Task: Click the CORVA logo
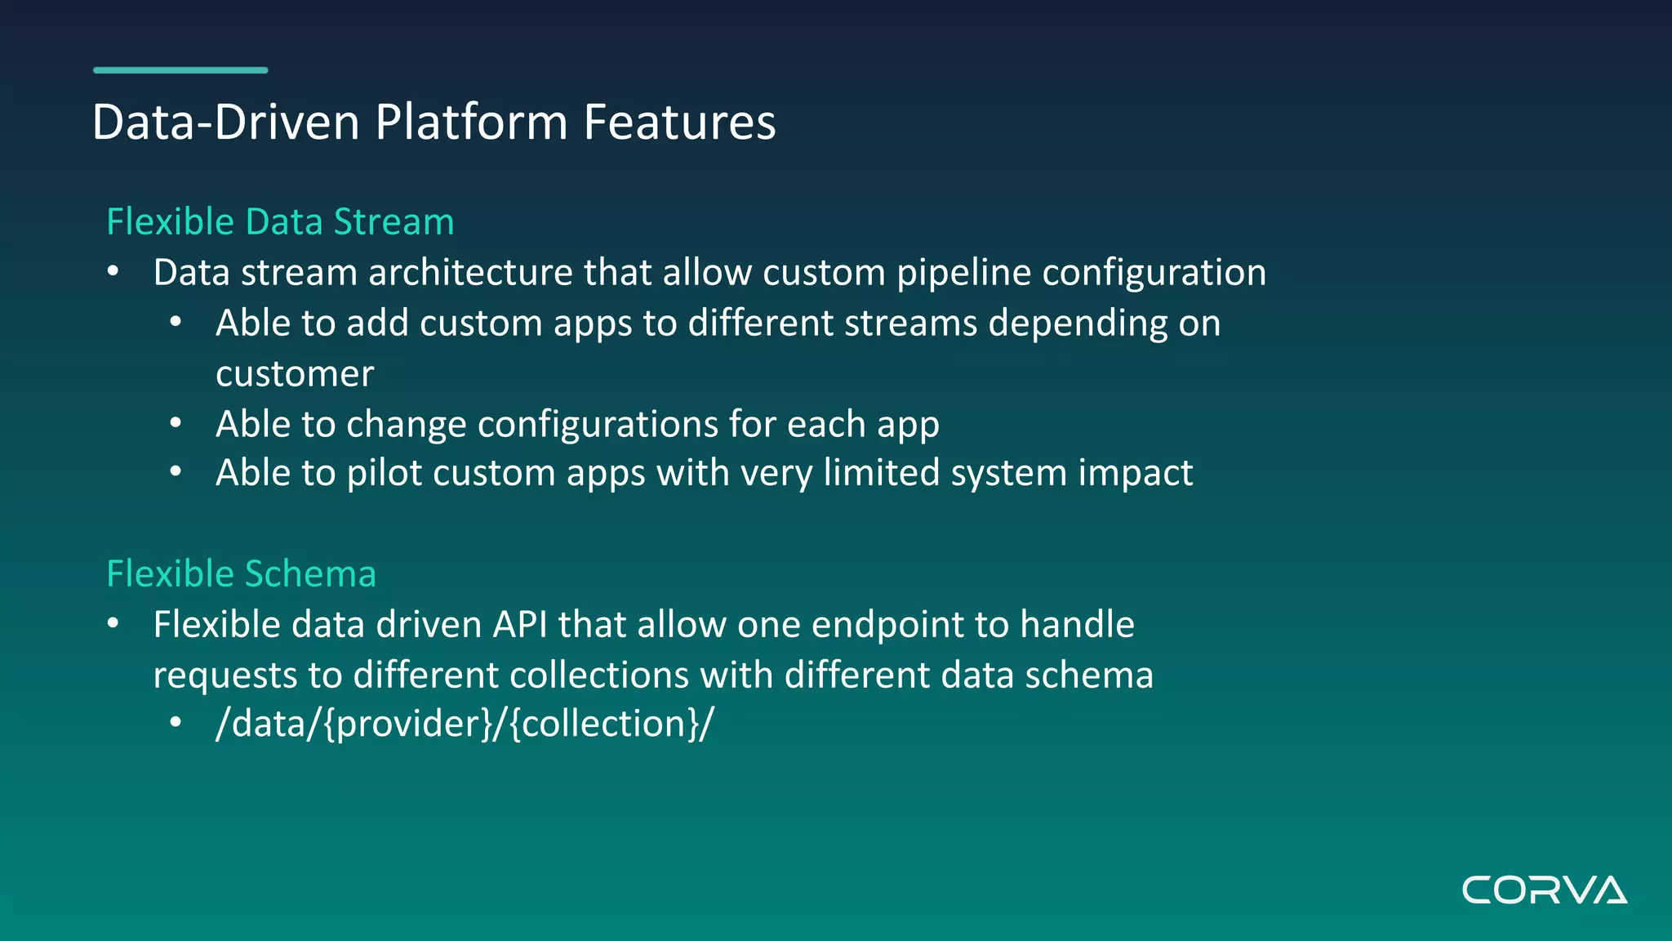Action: tap(1544, 890)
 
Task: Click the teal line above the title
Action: tap(180, 70)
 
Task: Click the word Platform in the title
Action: tap(471, 123)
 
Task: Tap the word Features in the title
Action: tap(679, 123)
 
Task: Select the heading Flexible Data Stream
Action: tap(280, 222)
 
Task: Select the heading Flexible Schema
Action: tap(241, 574)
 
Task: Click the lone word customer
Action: tap(295, 374)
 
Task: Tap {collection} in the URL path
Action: tap(605, 725)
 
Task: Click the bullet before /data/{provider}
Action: tap(176, 723)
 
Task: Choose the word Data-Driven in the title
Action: tap(226, 123)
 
